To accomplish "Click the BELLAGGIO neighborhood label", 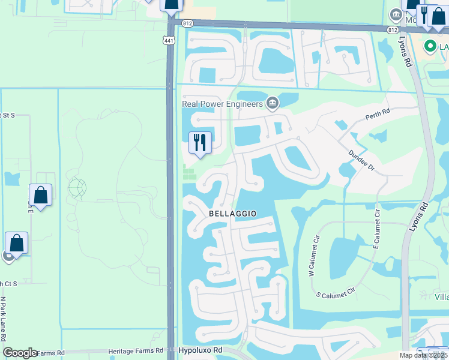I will tap(233, 214).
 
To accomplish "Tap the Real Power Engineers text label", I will tap(223, 104).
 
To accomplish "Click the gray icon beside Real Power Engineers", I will tap(273, 104).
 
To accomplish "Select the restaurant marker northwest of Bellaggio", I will tap(200, 143).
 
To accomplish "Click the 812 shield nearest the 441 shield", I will tap(188, 23).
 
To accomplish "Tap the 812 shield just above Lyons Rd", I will tap(393, 29).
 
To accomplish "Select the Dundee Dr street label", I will tap(361, 161).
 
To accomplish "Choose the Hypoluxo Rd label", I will tap(200, 350).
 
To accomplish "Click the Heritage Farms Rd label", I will tap(136, 351).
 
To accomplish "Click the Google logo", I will tap(20, 353).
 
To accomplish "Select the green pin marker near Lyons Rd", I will tap(430, 46).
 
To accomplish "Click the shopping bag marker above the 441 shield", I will tap(172, 6).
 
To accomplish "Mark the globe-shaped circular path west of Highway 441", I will tap(77, 188).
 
